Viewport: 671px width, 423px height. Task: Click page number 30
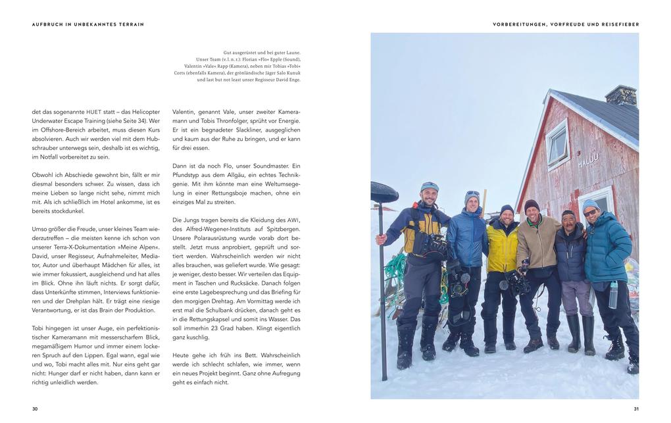(35, 409)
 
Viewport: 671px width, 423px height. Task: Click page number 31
(635, 409)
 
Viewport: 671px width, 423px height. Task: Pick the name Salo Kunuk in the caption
(286, 73)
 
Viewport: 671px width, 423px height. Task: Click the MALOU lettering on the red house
(588, 160)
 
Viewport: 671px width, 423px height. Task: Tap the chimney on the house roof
(620, 95)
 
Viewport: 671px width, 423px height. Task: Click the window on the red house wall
(557, 144)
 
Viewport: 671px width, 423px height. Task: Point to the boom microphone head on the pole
(384, 192)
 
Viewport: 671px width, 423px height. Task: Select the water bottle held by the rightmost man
(613, 295)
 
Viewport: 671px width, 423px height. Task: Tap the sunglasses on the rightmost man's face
(590, 212)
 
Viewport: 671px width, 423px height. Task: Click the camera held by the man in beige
(518, 282)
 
